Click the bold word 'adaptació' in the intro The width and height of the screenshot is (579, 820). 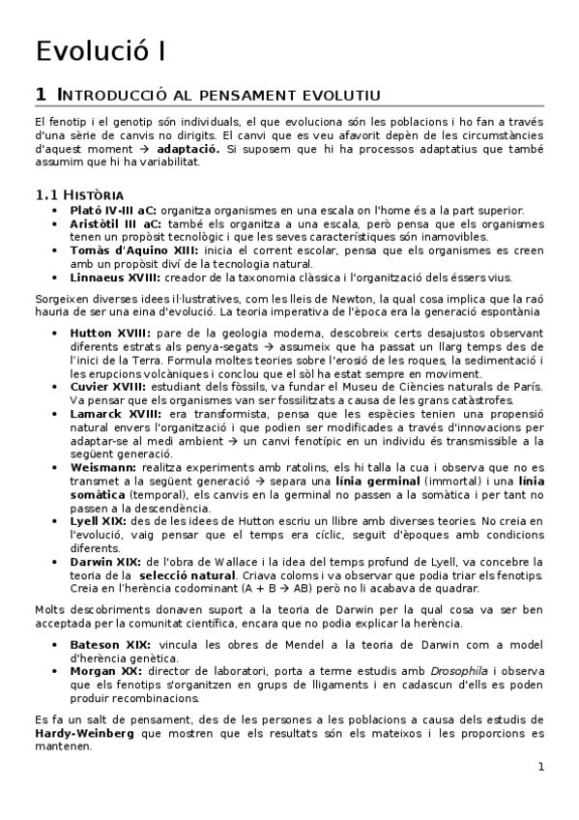click(x=188, y=151)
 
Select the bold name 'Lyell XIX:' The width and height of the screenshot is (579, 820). click(x=101, y=521)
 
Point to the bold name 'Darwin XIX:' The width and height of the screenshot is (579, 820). click(x=106, y=562)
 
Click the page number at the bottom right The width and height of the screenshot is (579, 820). click(x=541, y=768)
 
